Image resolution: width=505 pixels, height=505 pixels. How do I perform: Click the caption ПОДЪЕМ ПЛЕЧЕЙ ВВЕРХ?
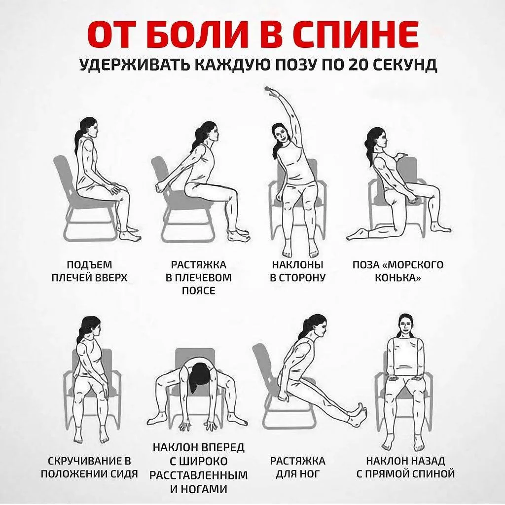[x=90, y=271]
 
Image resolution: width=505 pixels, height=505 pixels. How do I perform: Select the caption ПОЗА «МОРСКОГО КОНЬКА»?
[x=398, y=271]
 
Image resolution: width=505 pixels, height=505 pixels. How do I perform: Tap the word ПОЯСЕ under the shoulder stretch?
[x=199, y=290]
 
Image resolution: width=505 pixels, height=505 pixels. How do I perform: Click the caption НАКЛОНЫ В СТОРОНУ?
[x=297, y=271]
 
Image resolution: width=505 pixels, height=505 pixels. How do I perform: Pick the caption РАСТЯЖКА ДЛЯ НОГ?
[x=297, y=468]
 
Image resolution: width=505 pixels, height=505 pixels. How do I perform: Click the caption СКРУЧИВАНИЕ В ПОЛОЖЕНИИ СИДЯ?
[x=90, y=468]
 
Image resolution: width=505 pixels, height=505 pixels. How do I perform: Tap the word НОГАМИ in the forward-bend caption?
[x=199, y=489]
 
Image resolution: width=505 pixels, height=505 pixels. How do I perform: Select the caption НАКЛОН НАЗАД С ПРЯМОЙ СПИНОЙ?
[x=405, y=468]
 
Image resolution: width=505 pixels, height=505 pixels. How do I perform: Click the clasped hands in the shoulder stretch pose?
[x=161, y=187]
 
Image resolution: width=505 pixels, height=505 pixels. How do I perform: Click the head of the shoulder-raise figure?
[x=89, y=127]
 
